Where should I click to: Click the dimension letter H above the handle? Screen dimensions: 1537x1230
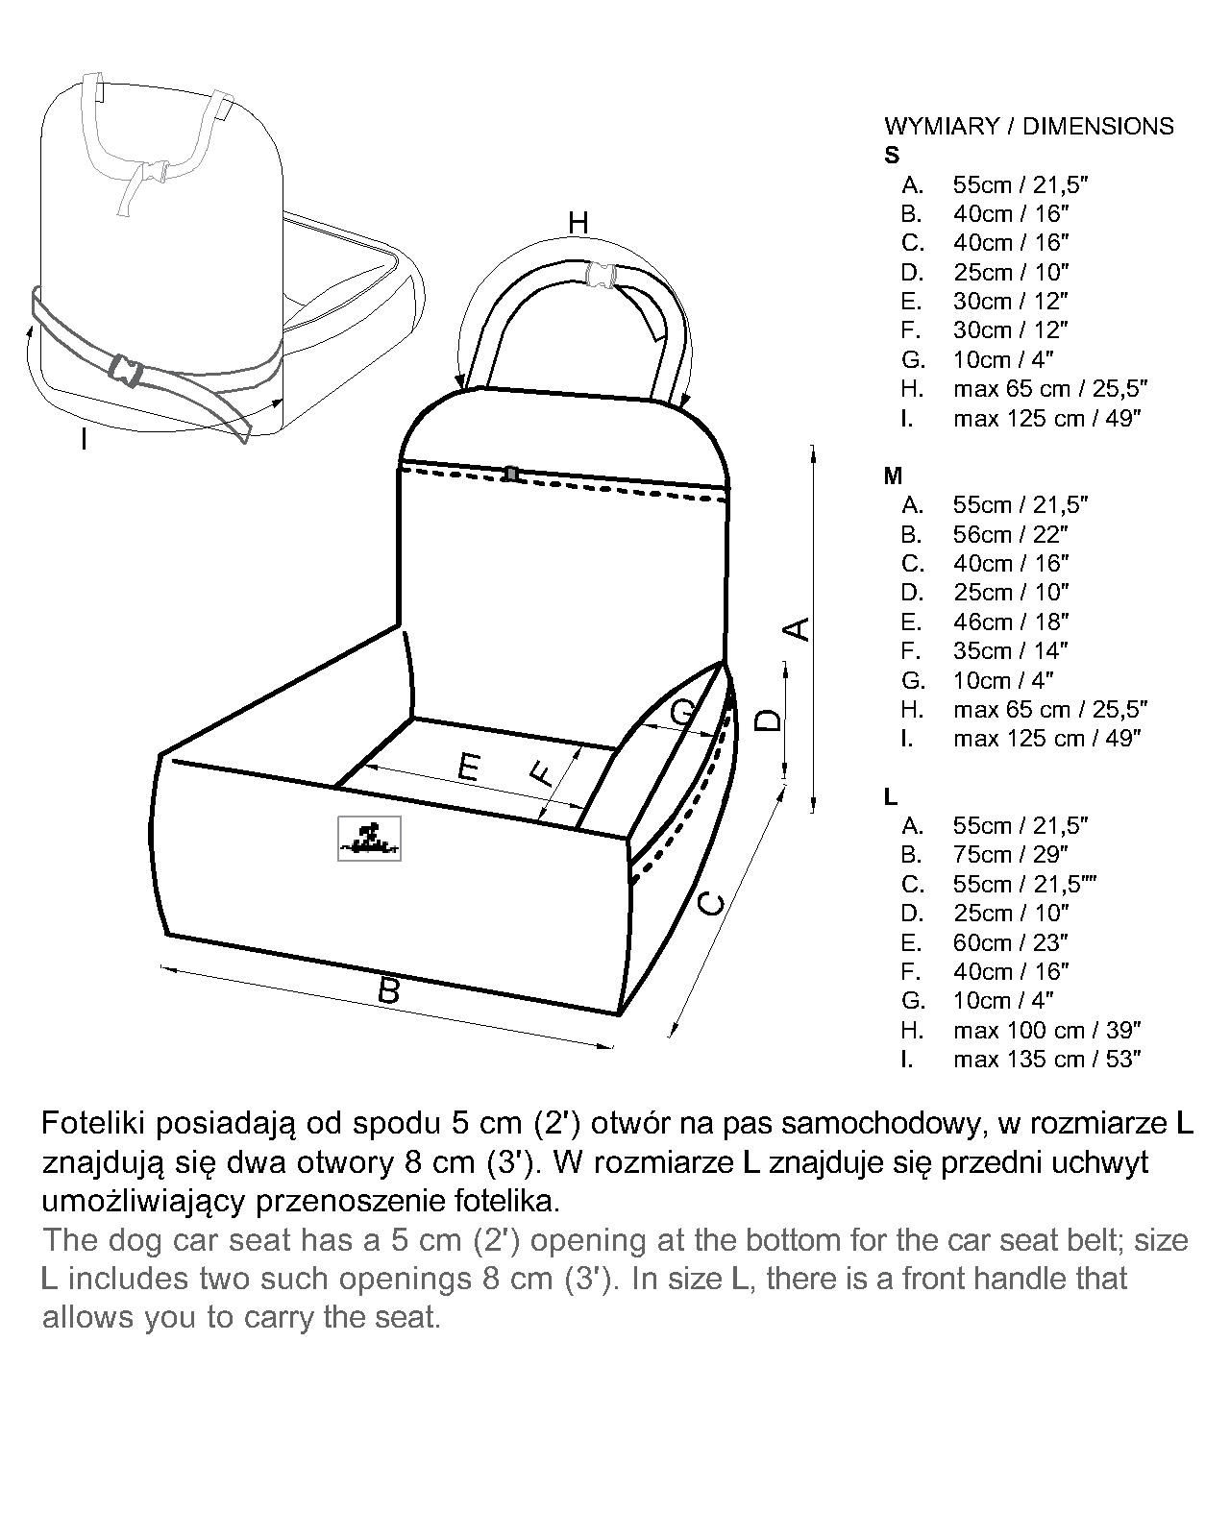pos(578,223)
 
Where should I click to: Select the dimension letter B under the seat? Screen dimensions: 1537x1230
pos(388,990)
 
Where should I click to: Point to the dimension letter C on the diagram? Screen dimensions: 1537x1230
pos(710,903)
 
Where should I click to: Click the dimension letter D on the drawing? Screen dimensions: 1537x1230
pos(769,720)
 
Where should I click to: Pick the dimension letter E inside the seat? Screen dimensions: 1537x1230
pos(468,768)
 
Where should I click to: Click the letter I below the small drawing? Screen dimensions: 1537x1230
pos(85,440)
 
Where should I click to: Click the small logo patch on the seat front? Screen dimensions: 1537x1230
pos(369,839)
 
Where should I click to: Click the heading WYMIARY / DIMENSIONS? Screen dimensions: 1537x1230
pos(1028,126)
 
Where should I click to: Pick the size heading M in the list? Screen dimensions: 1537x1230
pos(893,476)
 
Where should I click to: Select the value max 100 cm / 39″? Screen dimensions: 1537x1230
pos(1046,1030)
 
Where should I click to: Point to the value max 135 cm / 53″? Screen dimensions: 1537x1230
pos(1046,1059)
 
